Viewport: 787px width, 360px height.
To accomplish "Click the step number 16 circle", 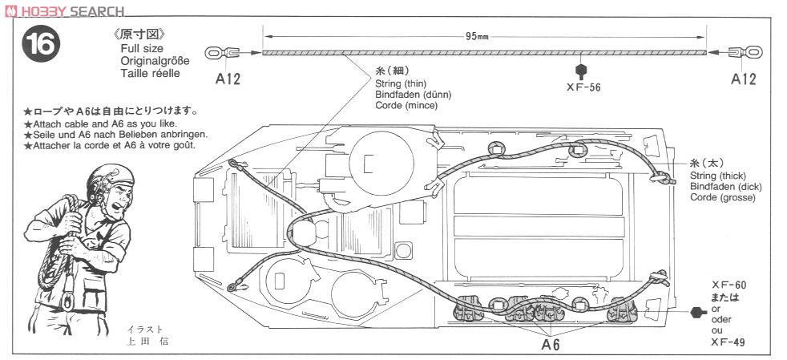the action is point(41,43).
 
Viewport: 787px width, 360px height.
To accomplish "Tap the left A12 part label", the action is point(228,79).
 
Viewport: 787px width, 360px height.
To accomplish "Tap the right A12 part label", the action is point(743,79).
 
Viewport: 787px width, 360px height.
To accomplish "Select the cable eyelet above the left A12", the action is point(221,52).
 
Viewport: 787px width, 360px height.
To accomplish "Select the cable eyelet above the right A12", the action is point(745,52).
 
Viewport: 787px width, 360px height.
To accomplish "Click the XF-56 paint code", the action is point(583,87).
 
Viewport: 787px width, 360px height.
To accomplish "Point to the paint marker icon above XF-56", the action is point(581,71).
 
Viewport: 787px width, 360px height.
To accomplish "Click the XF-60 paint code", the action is point(728,285).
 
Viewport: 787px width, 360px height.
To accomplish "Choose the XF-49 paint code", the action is point(728,342).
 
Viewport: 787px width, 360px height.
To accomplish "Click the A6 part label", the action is point(551,345).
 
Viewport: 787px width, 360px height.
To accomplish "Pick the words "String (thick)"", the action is point(718,176).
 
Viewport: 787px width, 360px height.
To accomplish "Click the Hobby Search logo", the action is point(65,10).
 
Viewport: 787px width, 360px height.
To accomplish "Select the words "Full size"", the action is point(142,49).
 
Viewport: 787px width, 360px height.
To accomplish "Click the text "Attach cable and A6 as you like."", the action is point(100,123).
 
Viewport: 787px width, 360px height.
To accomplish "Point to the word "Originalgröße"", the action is point(155,61).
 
